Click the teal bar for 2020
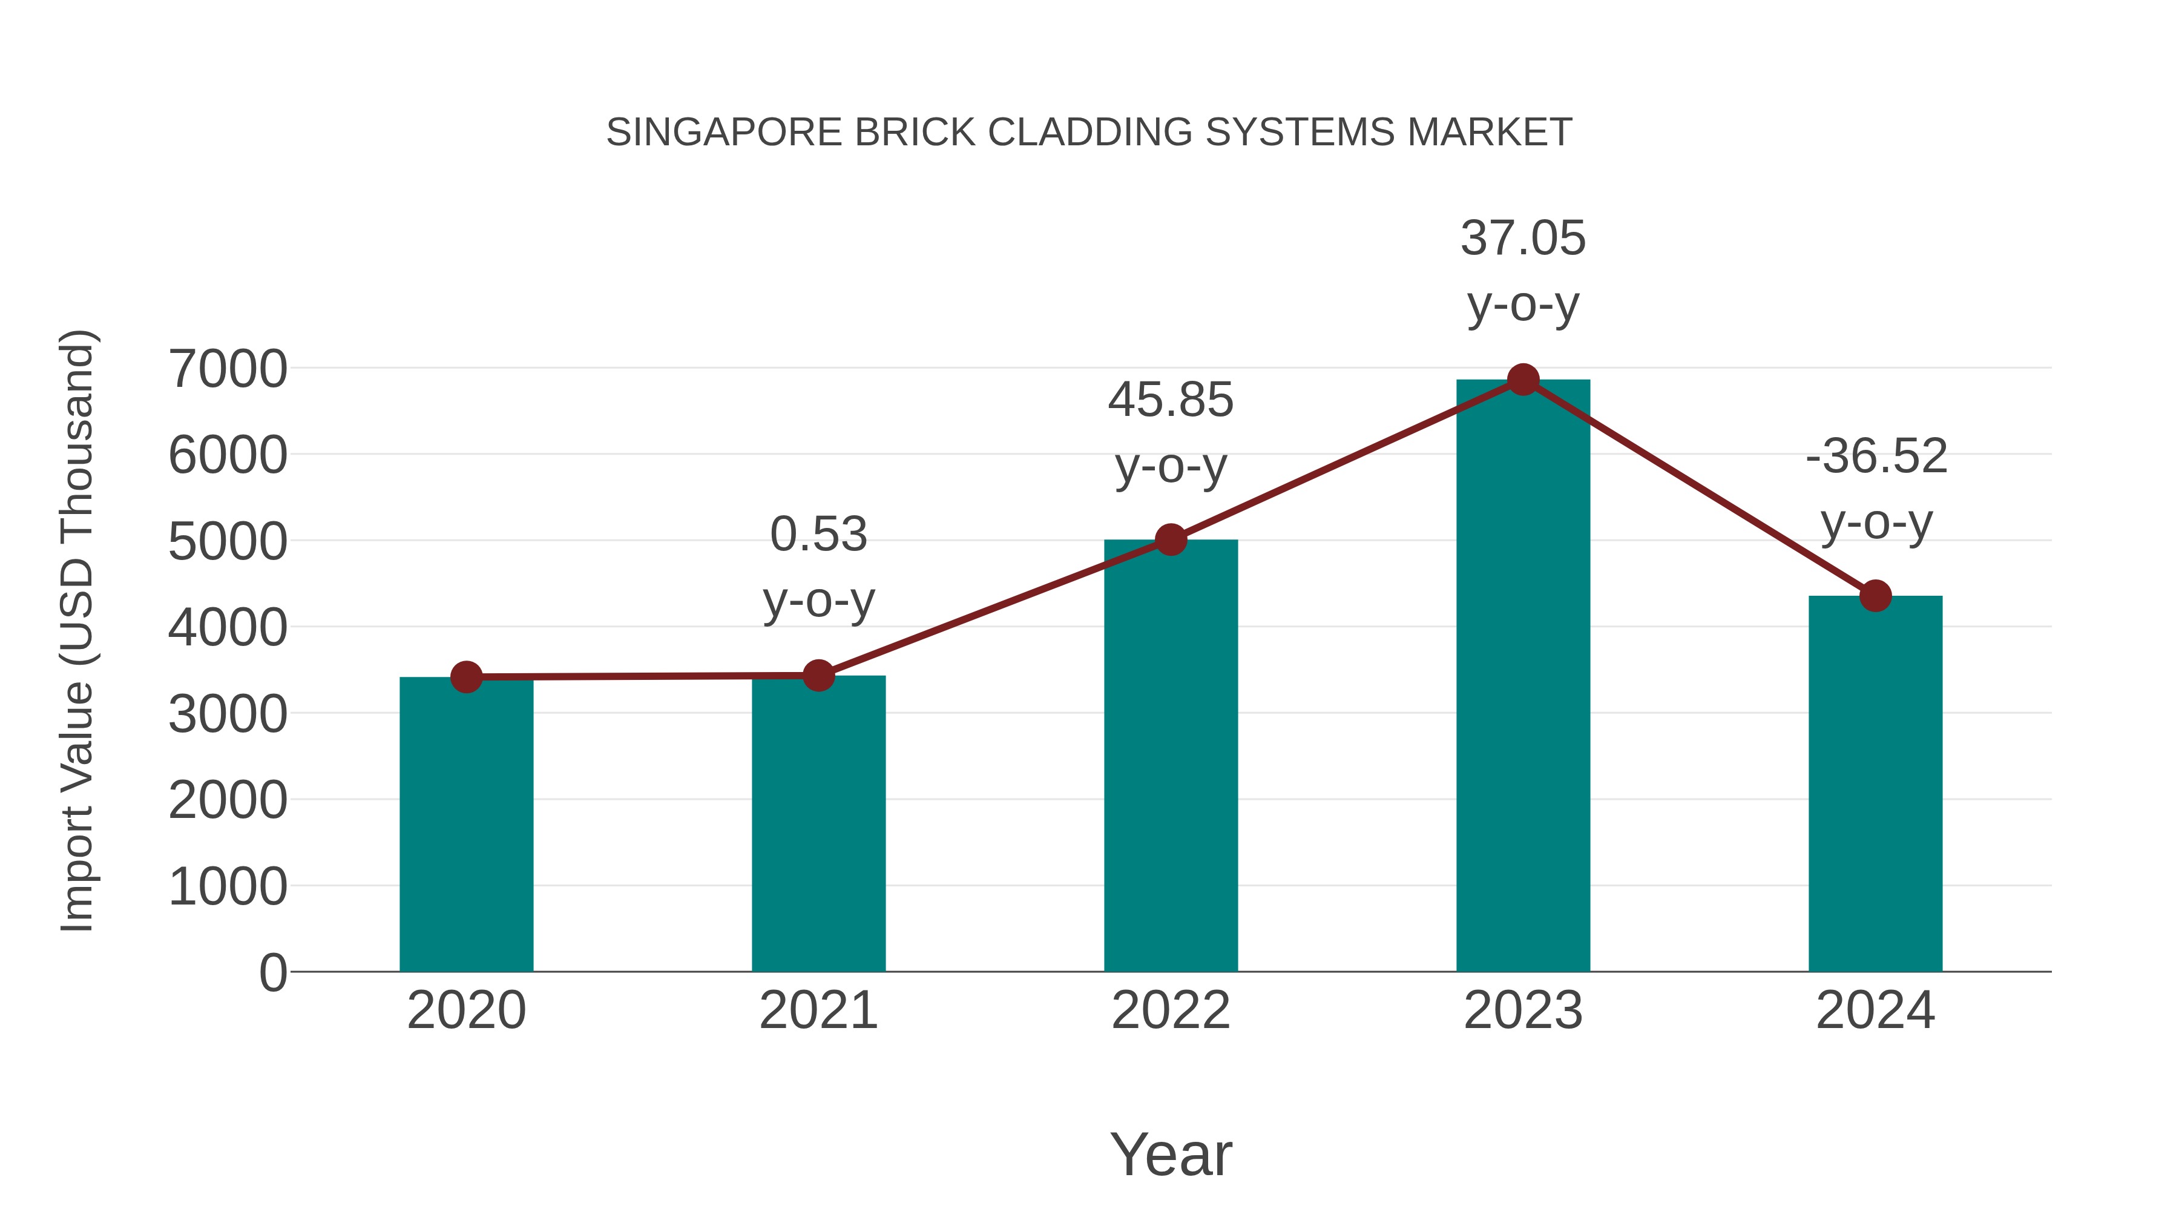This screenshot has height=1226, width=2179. click(x=466, y=825)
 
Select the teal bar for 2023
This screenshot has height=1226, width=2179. click(x=1523, y=677)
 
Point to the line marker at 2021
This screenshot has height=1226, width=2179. click(x=818, y=675)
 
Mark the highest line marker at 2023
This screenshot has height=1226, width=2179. click(x=1523, y=380)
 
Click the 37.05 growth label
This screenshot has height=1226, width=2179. click(x=1523, y=239)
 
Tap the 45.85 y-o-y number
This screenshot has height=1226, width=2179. click(x=1171, y=400)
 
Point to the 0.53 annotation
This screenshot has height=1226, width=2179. click(x=818, y=535)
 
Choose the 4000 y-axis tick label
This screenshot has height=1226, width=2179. click(x=228, y=628)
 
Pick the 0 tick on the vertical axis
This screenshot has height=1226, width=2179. click(x=272, y=973)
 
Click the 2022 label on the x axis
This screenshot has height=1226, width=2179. click(x=1171, y=1010)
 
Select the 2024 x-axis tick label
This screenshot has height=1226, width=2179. click(x=1875, y=1010)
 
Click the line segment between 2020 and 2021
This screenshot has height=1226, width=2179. click(x=643, y=676)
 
